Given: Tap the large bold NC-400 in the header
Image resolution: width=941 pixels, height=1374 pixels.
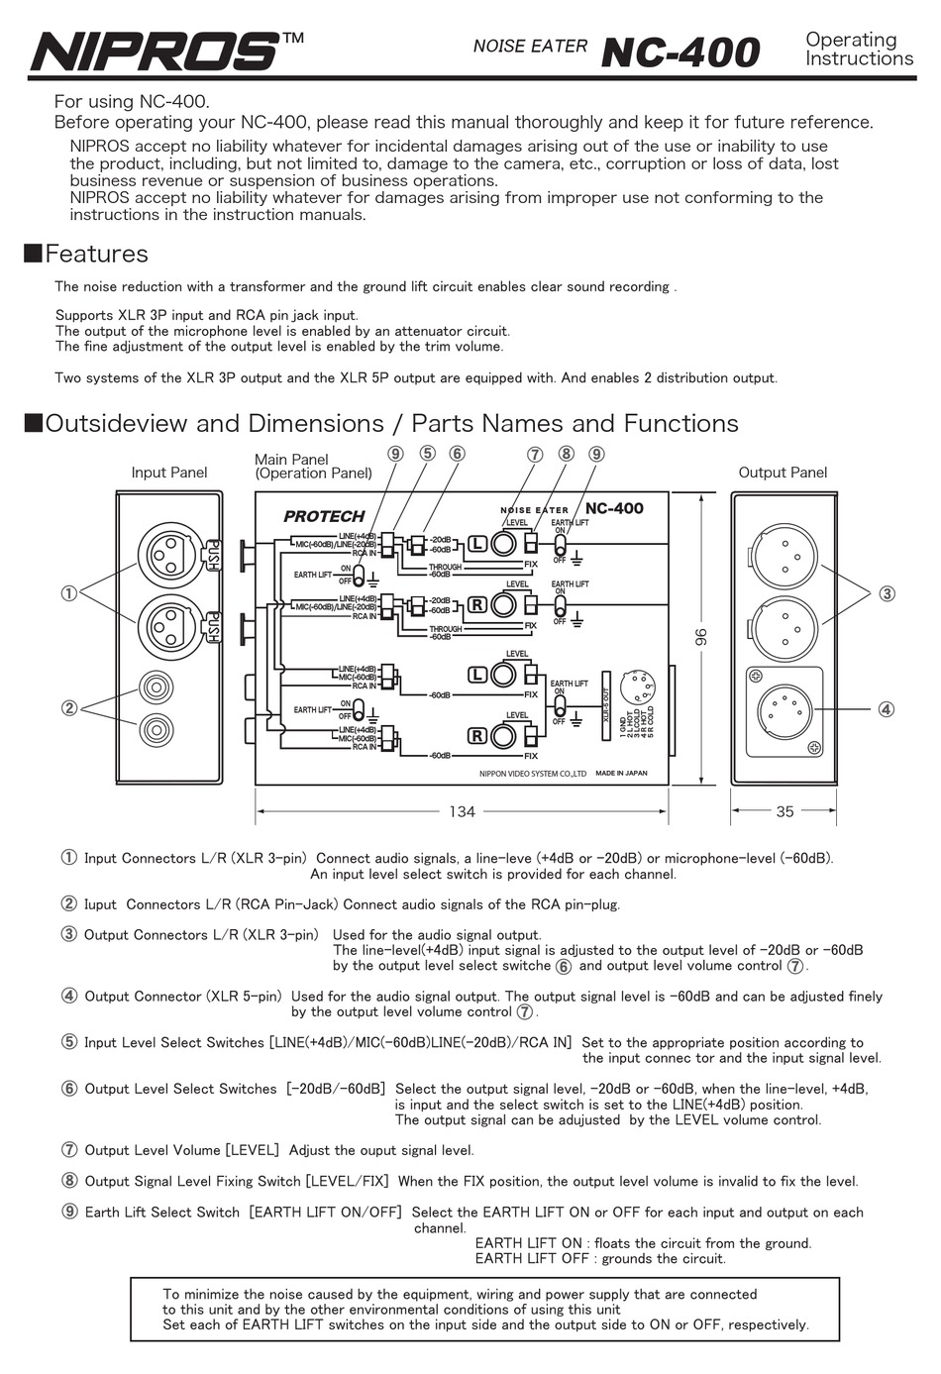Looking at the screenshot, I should point(680,53).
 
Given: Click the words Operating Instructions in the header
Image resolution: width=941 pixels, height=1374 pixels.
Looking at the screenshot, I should point(859,50).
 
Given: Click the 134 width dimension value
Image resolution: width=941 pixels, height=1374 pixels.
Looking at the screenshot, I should point(462,811).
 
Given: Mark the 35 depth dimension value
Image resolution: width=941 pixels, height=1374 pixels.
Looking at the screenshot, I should point(784,811).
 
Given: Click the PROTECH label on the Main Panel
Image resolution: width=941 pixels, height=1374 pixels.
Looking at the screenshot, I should point(324,516).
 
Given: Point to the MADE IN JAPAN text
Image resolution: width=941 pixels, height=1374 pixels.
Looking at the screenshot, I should point(621,773).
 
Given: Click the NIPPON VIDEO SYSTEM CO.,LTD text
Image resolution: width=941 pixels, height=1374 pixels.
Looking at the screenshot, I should point(532,774).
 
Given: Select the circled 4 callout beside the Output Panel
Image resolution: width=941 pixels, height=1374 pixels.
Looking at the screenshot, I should point(886,709).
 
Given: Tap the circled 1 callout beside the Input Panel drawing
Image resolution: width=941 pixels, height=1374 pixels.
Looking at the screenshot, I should point(68,593).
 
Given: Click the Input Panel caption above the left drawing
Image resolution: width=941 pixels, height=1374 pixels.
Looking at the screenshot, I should point(169,473).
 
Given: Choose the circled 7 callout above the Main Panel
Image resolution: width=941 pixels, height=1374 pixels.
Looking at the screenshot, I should point(535,455).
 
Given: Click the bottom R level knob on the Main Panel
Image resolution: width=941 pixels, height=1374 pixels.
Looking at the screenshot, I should point(504,736).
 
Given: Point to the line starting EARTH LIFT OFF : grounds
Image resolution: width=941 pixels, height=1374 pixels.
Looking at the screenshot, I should point(599,1259).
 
